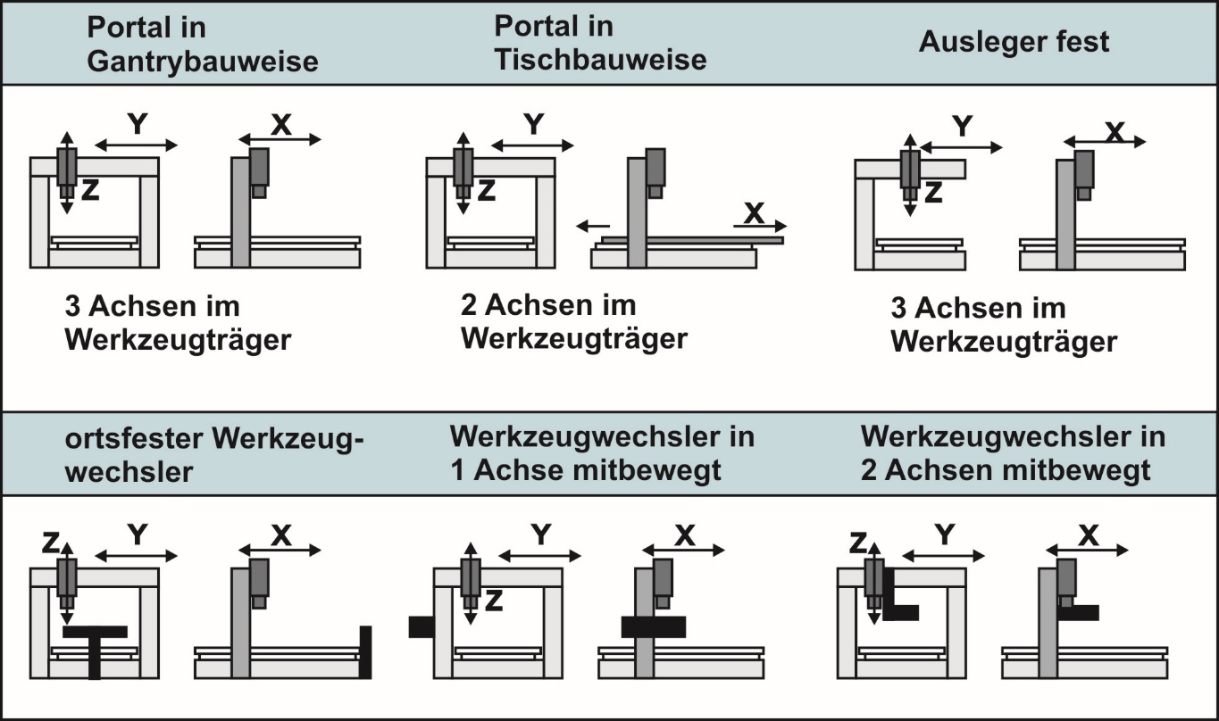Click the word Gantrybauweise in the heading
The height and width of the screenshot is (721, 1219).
[202, 61]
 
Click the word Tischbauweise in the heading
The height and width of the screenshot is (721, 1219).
[600, 59]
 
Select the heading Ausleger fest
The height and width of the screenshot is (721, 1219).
[1014, 42]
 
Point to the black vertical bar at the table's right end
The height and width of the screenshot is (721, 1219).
[364, 651]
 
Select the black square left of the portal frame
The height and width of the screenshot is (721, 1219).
[420, 626]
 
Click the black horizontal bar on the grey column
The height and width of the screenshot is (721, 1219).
[653, 626]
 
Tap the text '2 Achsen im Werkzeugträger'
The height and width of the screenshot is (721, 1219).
[574, 322]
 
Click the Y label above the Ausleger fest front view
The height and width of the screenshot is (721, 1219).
[962, 128]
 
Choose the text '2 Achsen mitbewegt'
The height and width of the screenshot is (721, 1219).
[1006, 470]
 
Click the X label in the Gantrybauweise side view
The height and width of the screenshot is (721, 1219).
[280, 126]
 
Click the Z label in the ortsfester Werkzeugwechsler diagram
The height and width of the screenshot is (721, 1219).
[50, 540]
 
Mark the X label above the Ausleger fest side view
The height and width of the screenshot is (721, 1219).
[1113, 131]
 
